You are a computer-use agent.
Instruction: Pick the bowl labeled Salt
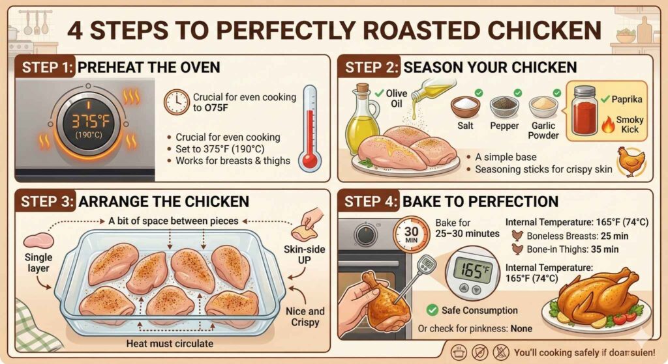click(465, 105)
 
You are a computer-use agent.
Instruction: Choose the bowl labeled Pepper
click(505, 105)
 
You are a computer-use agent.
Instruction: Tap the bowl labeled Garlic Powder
click(543, 105)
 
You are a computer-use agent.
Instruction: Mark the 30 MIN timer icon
click(410, 233)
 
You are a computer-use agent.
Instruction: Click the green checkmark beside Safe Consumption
click(431, 311)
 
